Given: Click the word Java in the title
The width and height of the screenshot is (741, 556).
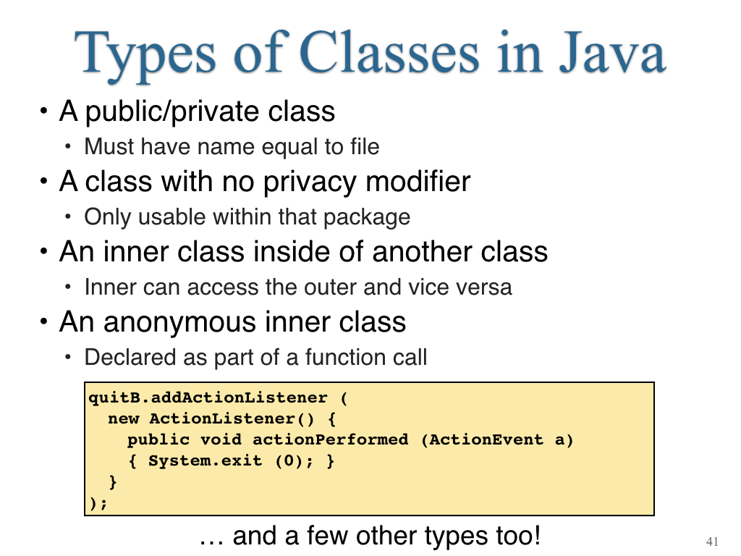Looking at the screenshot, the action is point(612,52).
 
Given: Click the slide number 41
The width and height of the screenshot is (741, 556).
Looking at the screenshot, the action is point(712,542).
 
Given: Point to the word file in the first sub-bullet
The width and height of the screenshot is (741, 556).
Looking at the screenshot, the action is point(365,146).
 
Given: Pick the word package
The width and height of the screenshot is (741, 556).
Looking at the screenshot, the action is point(367,218).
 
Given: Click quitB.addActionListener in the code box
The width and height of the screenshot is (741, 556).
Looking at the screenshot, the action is point(208,397).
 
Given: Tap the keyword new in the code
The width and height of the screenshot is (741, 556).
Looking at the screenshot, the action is point(123,419).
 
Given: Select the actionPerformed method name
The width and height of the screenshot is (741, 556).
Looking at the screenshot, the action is point(330,440).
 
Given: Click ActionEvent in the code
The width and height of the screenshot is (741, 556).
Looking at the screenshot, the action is point(486,439).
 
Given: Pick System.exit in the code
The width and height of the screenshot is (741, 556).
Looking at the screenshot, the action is point(205,460).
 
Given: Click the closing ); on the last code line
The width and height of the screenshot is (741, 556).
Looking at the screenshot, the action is point(98,503).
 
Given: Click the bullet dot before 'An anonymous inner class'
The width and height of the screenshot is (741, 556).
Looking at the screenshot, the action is point(44,321).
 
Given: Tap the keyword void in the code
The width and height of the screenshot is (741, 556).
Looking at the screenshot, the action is point(221,439).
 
